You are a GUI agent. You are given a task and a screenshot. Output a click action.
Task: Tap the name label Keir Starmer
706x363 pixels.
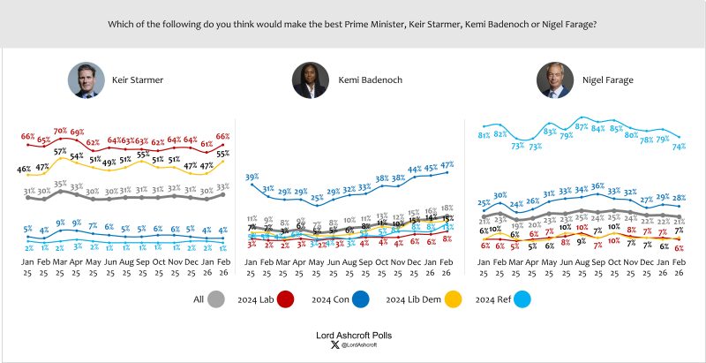click(x=138, y=80)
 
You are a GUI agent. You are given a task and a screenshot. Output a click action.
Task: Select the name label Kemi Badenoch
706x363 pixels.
click(x=371, y=80)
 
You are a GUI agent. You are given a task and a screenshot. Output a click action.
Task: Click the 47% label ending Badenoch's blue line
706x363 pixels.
click(x=447, y=165)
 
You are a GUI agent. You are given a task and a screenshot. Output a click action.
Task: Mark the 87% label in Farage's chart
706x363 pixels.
click(x=581, y=127)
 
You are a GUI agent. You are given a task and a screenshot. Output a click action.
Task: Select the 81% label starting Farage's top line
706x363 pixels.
click(x=484, y=135)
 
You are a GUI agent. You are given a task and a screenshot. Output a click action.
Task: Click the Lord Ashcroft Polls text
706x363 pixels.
click(x=352, y=336)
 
